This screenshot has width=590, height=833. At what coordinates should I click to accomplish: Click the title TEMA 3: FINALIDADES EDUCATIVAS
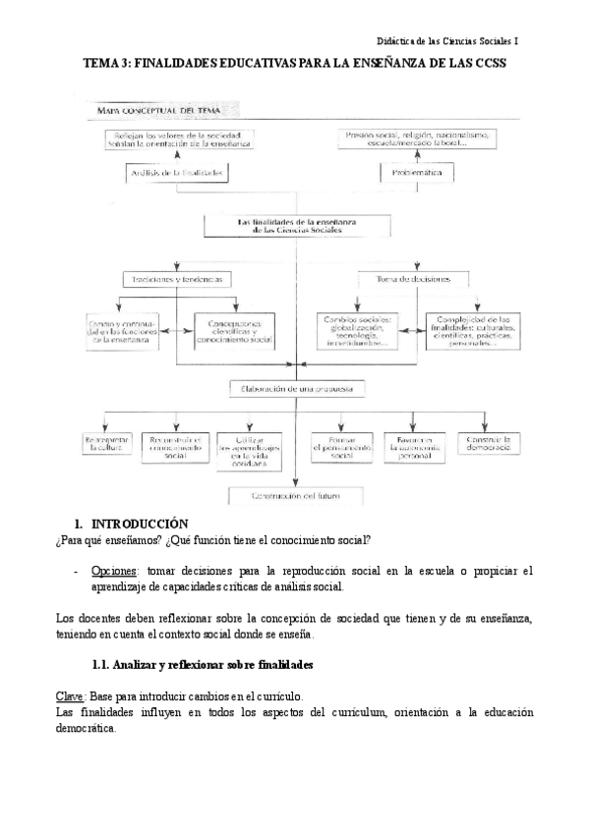[x=294, y=62]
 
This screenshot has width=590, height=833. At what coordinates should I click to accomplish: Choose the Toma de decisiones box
[x=418, y=279]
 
